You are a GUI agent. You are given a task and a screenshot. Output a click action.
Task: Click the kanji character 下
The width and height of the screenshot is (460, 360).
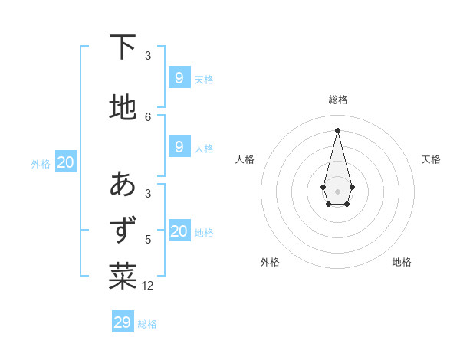(x=123, y=48)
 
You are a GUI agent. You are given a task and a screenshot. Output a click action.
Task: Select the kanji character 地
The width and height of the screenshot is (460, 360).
(x=123, y=108)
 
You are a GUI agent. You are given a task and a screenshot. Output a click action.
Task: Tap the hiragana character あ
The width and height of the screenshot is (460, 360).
(x=123, y=184)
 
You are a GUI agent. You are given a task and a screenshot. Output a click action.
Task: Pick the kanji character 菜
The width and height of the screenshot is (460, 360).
(x=123, y=277)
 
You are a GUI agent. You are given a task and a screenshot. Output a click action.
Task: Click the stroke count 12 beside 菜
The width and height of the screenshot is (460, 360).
(x=148, y=286)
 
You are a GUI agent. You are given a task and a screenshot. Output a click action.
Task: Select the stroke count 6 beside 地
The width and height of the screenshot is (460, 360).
(x=148, y=116)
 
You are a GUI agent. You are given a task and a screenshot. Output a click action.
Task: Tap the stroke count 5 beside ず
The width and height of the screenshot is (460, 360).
(x=148, y=240)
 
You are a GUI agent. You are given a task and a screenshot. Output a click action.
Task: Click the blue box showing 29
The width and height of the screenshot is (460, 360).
(x=123, y=322)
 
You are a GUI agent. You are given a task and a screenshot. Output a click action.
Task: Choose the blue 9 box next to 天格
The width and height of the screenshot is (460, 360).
(x=179, y=77)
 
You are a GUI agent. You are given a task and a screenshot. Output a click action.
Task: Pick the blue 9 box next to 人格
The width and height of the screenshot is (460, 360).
(x=179, y=146)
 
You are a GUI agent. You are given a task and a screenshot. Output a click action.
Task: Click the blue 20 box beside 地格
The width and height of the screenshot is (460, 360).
(x=179, y=231)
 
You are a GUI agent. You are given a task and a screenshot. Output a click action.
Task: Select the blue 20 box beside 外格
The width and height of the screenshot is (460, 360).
(x=65, y=162)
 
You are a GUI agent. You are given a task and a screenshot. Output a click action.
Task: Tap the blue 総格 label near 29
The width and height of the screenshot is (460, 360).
(x=147, y=324)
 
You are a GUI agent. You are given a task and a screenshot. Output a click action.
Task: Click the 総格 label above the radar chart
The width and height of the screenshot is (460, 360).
(x=337, y=100)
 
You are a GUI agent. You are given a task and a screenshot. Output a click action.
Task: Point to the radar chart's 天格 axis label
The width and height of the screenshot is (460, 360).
(x=431, y=159)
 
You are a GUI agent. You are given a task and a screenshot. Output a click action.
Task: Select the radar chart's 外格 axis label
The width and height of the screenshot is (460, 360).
(x=270, y=262)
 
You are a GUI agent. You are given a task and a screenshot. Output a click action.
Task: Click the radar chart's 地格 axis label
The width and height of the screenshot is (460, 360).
(x=402, y=262)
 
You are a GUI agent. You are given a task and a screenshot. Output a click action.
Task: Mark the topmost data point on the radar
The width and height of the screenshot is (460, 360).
(x=337, y=129)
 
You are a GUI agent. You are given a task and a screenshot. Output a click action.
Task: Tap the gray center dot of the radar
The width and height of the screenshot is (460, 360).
(x=337, y=191)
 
